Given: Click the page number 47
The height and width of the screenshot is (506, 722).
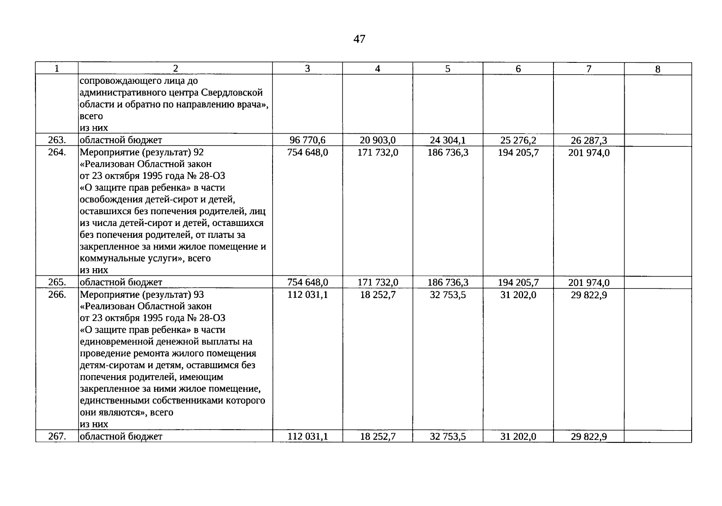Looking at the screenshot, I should pyautogui.click(x=359, y=39).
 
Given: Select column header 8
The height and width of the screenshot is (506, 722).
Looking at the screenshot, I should pyautogui.click(x=658, y=69).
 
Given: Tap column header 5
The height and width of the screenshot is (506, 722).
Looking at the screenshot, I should pyautogui.click(x=447, y=69).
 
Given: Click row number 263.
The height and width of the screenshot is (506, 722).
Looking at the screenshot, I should pyautogui.click(x=57, y=140).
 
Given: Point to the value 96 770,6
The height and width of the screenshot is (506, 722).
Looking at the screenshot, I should pyautogui.click(x=308, y=140).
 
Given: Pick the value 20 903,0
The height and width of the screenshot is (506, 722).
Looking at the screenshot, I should pyautogui.click(x=377, y=140).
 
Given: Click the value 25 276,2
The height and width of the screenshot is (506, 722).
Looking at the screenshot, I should pyautogui.click(x=518, y=140).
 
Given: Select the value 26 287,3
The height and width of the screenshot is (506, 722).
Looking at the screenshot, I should pyautogui.click(x=588, y=140).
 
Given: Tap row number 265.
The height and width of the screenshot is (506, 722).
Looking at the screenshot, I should pyautogui.click(x=57, y=282).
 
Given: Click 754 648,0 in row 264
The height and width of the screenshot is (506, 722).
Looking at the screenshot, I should pyautogui.click(x=308, y=152).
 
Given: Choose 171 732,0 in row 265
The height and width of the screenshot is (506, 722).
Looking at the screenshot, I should pyautogui.click(x=377, y=282).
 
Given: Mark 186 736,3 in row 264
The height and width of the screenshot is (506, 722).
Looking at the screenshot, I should pyautogui.click(x=448, y=152).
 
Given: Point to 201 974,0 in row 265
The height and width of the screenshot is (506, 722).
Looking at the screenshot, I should pyautogui.click(x=588, y=282).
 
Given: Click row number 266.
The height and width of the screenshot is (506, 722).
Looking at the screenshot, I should pyautogui.click(x=57, y=294).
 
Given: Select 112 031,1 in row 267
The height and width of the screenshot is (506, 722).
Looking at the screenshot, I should pyautogui.click(x=308, y=436).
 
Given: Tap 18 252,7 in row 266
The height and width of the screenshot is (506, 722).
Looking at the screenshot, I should pyautogui.click(x=378, y=294).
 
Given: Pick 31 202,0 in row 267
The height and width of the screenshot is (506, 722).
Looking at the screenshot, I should pyautogui.click(x=518, y=436).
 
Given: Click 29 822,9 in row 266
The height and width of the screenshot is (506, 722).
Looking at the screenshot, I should pyautogui.click(x=588, y=294).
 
